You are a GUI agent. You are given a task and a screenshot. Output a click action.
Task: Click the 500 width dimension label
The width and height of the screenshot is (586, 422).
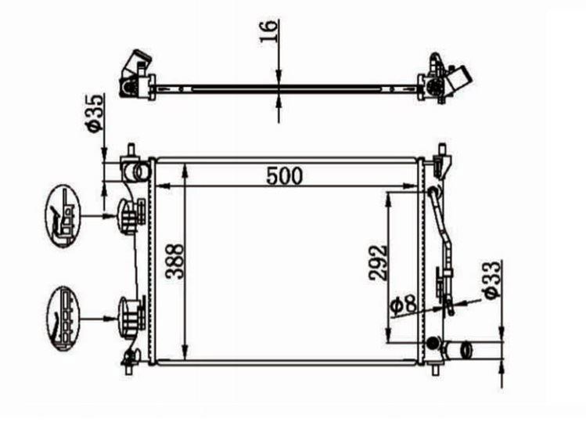284,176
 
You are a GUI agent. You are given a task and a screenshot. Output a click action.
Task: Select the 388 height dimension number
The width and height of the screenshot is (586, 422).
175,261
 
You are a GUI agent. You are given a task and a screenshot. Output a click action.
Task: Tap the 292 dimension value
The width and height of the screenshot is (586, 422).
378,263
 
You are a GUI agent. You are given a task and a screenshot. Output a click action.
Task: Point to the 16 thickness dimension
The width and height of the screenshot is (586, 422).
269,31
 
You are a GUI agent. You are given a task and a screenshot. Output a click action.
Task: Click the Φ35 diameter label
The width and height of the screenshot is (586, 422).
94,113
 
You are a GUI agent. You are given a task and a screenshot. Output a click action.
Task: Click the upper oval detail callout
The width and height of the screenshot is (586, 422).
63,216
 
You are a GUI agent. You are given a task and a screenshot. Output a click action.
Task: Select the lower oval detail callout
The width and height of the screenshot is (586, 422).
63,319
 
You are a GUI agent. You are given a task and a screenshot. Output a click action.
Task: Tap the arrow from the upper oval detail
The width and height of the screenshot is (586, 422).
99,215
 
